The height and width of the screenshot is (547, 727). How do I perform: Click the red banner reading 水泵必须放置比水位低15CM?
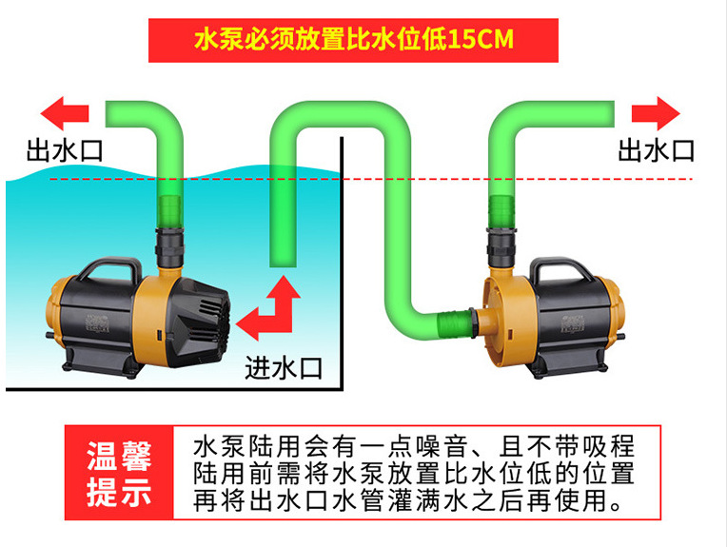coord(352,40)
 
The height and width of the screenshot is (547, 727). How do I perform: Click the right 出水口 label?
coord(657,149)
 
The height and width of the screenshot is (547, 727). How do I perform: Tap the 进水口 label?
coord(284,367)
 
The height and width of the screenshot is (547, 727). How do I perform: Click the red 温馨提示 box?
coord(119,473)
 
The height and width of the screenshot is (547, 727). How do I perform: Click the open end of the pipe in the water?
coord(285,263)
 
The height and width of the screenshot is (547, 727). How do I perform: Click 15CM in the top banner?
coord(483,40)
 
